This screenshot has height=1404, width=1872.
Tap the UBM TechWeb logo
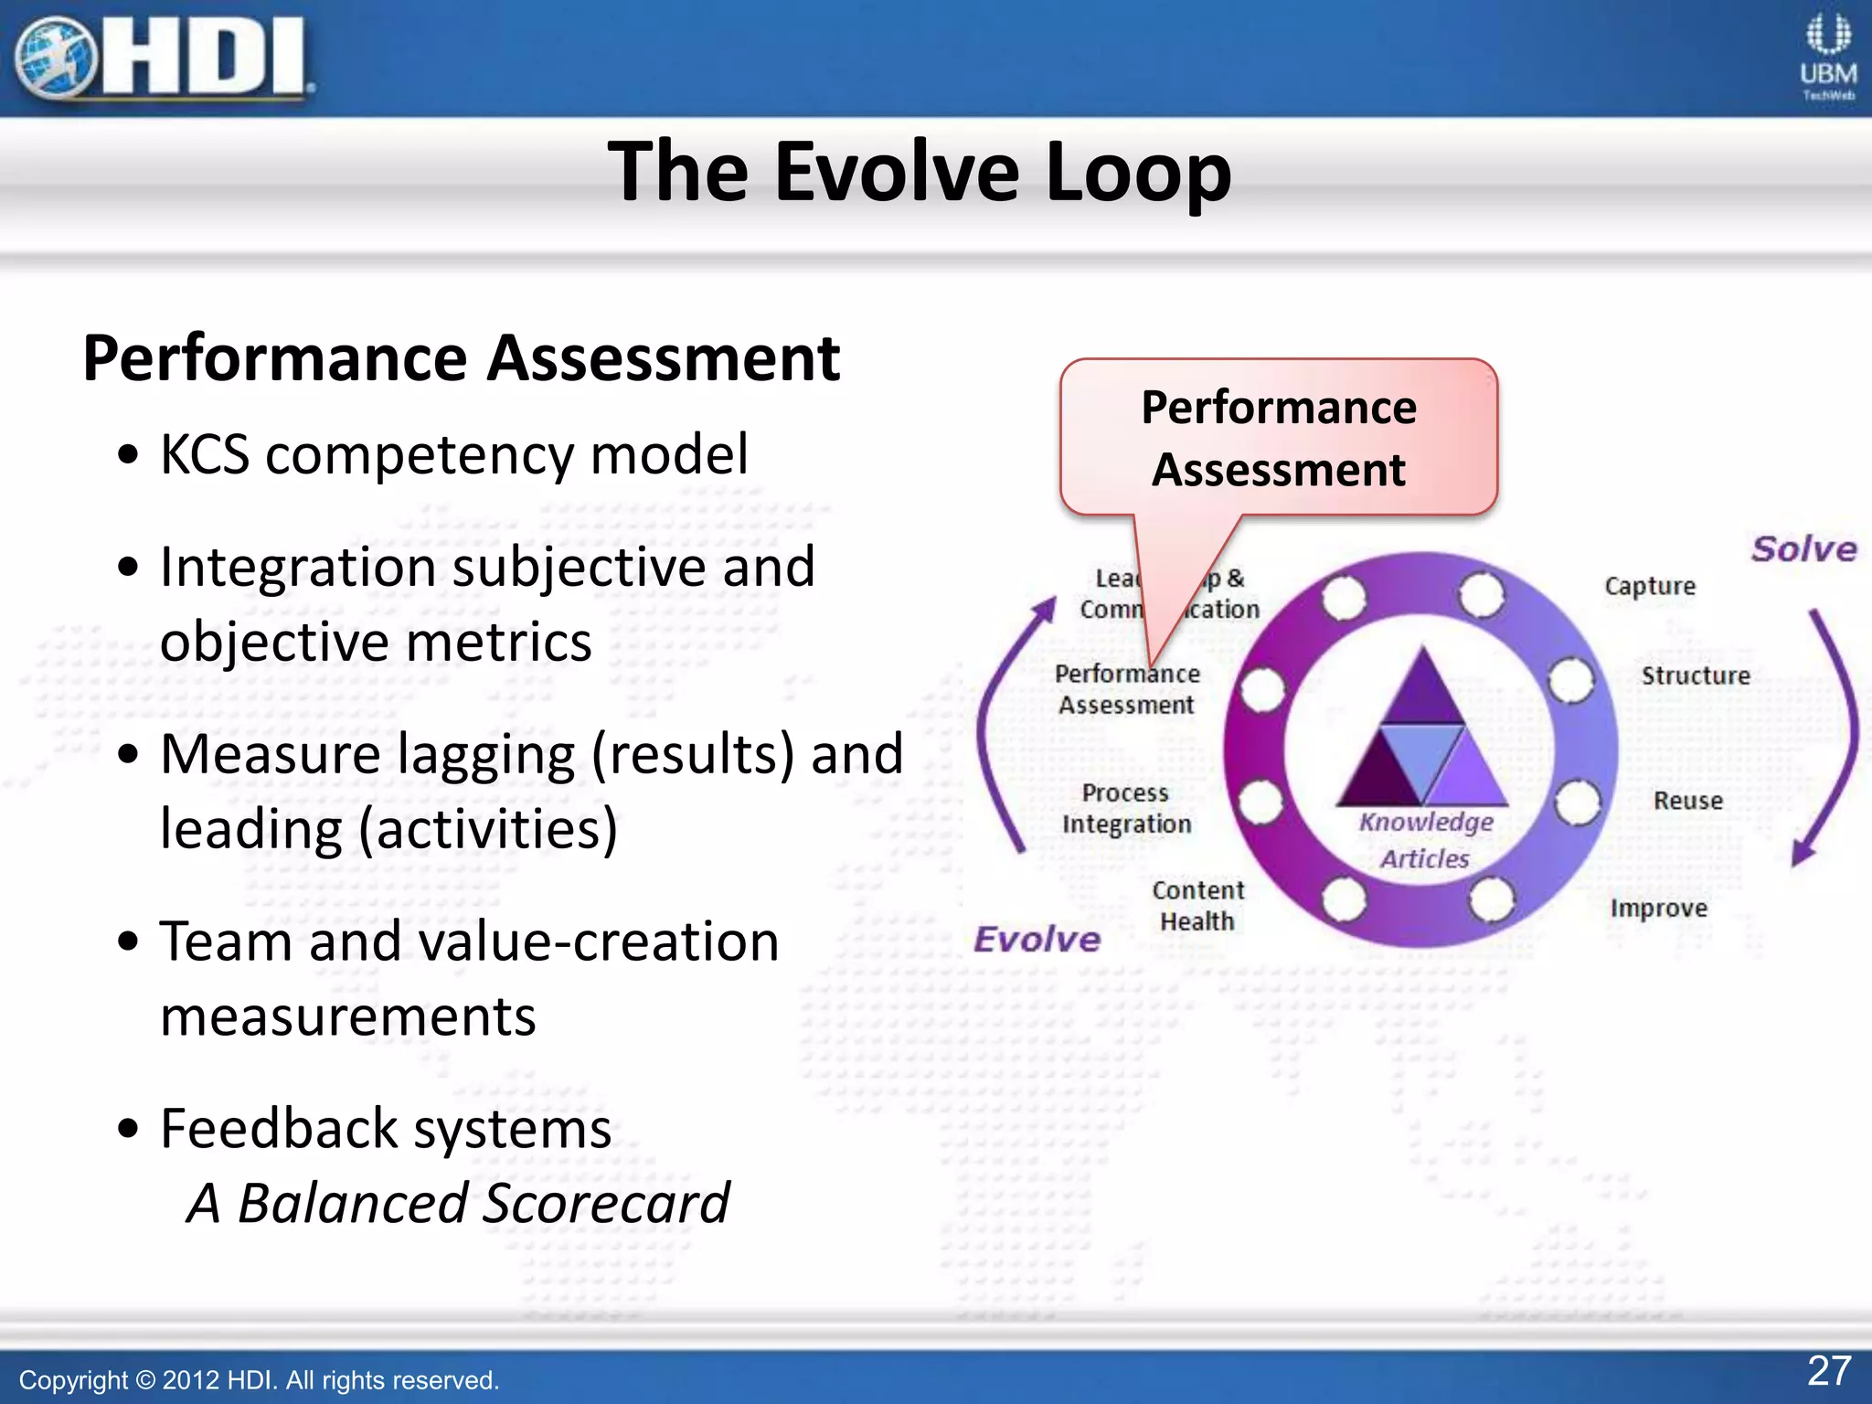tap(1827, 57)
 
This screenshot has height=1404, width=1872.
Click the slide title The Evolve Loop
tap(920, 171)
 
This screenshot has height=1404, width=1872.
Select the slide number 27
tap(1829, 1370)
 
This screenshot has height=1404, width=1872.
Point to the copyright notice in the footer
tap(259, 1379)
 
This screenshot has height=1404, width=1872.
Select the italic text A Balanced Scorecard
tap(458, 1203)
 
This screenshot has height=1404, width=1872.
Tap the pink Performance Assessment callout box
tap(1278, 438)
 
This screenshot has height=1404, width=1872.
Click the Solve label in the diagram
tap(1803, 548)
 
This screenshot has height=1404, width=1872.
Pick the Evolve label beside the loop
tap(1037, 939)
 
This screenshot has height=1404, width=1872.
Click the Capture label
tap(1650, 586)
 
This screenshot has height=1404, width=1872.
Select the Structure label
tap(1696, 675)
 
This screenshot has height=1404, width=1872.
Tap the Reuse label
tap(1687, 801)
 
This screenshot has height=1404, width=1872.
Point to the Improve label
tap(1658, 908)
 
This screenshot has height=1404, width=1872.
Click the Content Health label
tap(1197, 905)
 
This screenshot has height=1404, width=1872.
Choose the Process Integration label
tap(1126, 808)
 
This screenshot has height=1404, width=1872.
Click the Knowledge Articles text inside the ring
tap(1425, 839)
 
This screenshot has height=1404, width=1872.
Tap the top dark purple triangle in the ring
tap(1422, 689)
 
